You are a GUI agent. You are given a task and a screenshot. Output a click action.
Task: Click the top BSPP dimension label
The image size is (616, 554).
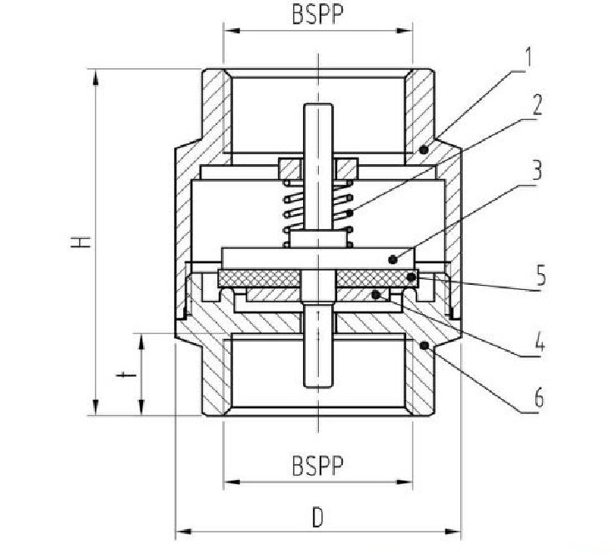[x=317, y=14]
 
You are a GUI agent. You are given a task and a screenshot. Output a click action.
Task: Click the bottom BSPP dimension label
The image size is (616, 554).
[x=317, y=465]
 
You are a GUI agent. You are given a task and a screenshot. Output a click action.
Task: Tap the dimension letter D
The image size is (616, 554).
[x=317, y=517]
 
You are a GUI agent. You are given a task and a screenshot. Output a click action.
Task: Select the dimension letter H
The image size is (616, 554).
[x=81, y=242]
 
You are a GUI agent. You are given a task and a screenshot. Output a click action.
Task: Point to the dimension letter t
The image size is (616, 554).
[x=126, y=376]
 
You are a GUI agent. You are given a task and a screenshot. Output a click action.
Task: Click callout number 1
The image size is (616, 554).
[x=529, y=57]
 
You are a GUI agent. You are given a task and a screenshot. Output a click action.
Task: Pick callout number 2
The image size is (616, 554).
[x=537, y=105]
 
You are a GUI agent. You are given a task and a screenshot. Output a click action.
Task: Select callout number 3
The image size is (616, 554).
[x=536, y=170]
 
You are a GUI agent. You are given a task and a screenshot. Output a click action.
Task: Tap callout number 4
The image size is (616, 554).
[x=540, y=342]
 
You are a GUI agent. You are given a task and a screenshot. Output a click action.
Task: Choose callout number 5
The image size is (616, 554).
[x=541, y=275]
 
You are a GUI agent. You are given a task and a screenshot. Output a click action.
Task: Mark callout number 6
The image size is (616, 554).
[x=539, y=397]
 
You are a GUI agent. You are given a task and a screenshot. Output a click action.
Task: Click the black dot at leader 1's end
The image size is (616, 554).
[x=424, y=149]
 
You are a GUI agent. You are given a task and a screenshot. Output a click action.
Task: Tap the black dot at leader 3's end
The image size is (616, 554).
[x=392, y=259]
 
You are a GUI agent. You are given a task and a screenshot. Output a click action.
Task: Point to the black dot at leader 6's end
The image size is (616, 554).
[x=424, y=346]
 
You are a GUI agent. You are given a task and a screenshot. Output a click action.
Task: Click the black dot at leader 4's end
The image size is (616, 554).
[x=376, y=294]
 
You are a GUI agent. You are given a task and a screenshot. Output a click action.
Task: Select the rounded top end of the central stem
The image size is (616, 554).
[x=318, y=105]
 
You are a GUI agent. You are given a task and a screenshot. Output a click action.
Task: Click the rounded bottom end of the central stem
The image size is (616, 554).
[x=318, y=386]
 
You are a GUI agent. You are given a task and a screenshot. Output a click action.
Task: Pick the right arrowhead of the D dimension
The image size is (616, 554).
[x=453, y=532]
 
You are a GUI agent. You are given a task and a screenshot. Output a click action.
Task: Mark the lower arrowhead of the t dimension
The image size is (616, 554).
[x=142, y=407]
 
